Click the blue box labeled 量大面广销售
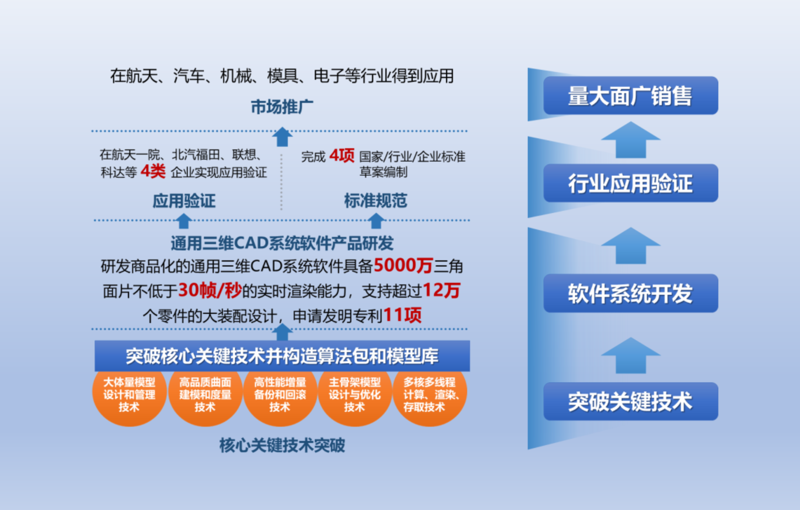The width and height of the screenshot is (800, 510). coord(630,96)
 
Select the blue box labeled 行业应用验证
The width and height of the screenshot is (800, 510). coord(630,183)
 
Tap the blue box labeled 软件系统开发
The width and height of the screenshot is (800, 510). coord(630,293)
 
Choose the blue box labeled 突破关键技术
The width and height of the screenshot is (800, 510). coord(630,401)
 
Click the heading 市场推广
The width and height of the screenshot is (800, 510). coord(282,107)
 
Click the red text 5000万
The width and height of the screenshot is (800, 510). coord(403,265)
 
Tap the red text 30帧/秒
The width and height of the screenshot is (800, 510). coord(210,290)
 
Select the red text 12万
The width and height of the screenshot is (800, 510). coord(441,290)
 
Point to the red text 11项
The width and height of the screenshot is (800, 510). coord(402,315)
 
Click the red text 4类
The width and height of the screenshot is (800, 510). coord(153,171)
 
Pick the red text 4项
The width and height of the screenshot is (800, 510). coord(342,155)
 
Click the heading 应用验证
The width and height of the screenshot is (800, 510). coord(184,201)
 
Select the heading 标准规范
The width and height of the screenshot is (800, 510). coord(376,201)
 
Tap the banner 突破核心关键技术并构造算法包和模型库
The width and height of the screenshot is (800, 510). coord(282,356)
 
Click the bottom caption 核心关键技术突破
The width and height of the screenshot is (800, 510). coord(282,445)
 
